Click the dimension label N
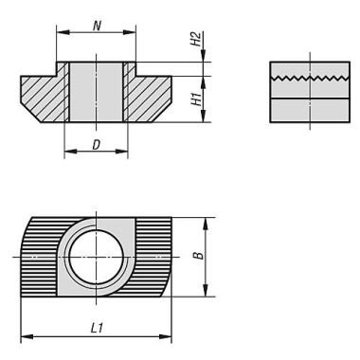click(97, 26)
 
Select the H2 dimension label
click(196, 39)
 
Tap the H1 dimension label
click(196, 99)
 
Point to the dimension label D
click(96, 145)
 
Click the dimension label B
click(199, 255)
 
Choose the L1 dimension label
click(97, 329)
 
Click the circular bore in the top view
click(96, 257)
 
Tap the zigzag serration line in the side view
click(310, 78)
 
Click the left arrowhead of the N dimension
click(63, 32)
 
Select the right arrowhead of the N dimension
click(130, 32)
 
